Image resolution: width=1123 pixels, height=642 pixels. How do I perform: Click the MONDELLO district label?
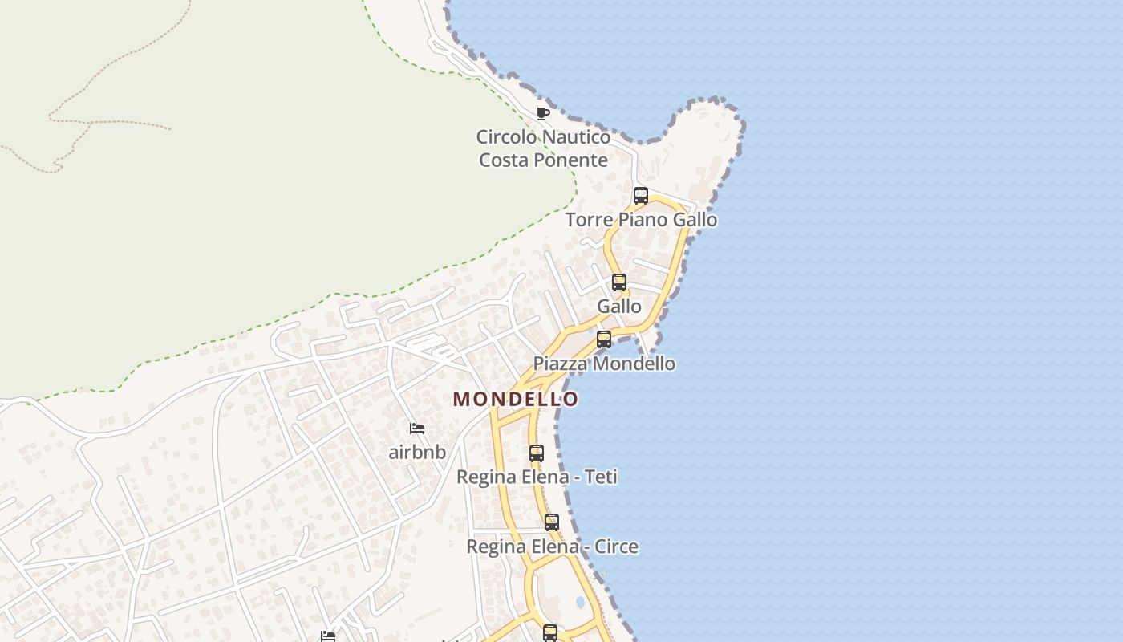[x=515, y=399]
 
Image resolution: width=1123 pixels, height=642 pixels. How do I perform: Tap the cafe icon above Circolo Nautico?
[x=543, y=113]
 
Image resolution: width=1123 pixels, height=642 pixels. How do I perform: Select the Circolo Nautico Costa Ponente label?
[x=543, y=148]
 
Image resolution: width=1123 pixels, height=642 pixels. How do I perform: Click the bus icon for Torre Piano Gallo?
[x=640, y=195]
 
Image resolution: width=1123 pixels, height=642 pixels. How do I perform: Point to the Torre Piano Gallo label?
[x=641, y=220]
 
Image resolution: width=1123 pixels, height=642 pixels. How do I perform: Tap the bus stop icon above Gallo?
[x=619, y=282]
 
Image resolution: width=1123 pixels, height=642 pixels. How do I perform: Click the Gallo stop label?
[x=619, y=307]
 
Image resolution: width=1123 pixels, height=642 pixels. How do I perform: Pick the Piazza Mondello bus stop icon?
[x=604, y=339]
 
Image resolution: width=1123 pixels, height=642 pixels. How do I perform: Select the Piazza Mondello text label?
[x=604, y=364]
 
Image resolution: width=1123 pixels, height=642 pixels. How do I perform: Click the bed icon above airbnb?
[x=417, y=429]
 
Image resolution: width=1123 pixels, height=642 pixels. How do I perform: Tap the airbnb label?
[x=417, y=452]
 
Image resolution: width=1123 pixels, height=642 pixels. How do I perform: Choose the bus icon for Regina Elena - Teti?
[x=537, y=453]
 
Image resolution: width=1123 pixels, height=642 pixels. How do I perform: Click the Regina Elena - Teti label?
[x=537, y=477]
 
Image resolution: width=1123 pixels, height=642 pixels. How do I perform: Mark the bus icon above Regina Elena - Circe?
[x=552, y=522]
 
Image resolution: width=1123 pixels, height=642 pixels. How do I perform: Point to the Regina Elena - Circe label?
[x=553, y=547]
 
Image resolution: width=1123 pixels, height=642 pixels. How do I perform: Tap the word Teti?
[x=601, y=477]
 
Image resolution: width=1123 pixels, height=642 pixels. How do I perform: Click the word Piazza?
[x=559, y=364]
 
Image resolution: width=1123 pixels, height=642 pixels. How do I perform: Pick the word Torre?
[x=588, y=220]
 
